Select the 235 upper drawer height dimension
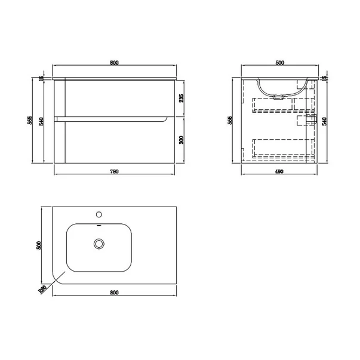click(x=181, y=98)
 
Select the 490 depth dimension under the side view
click(x=279, y=172)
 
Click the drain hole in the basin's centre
click(x=99, y=244)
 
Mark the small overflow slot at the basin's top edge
click(x=99, y=226)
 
